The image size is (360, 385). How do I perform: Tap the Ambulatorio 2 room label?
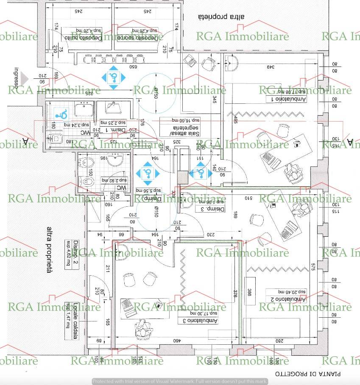287,299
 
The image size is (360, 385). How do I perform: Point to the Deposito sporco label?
142,38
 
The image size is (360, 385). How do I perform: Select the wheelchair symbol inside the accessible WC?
62,114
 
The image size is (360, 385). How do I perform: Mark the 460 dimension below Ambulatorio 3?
174,341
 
